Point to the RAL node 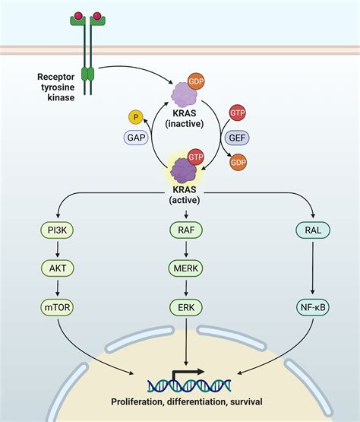pos(311,230)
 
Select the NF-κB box pos(311,307)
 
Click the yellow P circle pos(134,118)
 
